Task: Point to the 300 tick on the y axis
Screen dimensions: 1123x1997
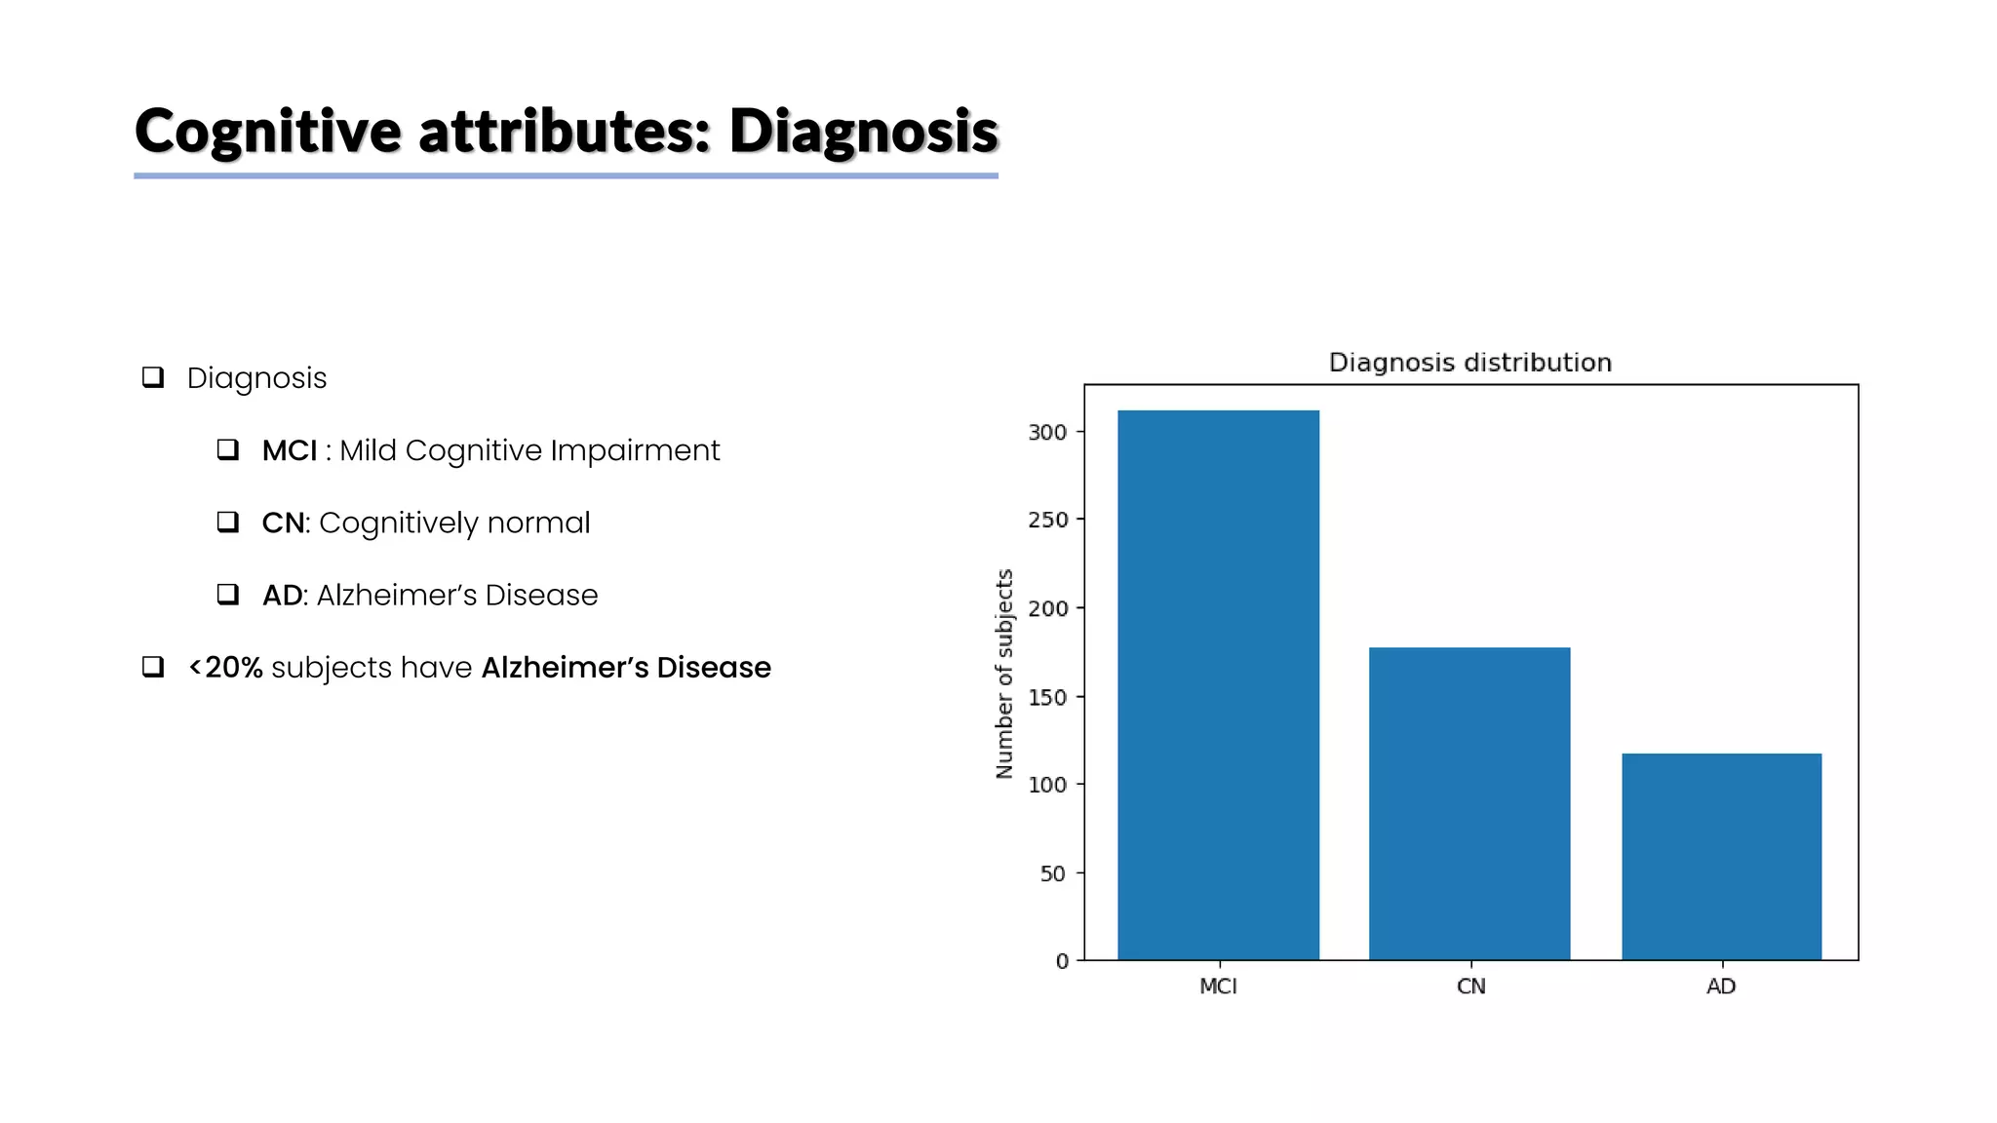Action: [1048, 432]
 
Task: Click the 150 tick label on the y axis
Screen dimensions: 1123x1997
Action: [1048, 697]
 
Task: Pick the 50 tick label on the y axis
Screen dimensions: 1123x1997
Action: [1053, 873]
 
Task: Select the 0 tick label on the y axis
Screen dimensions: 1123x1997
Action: [1062, 961]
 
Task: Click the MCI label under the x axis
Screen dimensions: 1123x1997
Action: [1218, 987]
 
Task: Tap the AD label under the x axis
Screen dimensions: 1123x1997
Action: [1721, 987]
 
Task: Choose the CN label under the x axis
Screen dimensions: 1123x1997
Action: [1470, 987]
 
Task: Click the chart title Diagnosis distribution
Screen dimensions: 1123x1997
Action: [1469, 363]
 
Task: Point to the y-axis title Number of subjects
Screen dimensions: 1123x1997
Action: [1004, 674]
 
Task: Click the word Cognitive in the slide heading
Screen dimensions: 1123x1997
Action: [267, 132]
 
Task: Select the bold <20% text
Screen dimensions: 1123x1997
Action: [225, 668]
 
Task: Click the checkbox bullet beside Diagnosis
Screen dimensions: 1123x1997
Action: [153, 377]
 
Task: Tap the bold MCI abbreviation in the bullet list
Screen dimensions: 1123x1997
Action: [290, 450]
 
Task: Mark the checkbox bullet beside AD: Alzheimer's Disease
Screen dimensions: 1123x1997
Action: [228, 595]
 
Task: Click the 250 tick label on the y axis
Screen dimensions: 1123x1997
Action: [1048, 520]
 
